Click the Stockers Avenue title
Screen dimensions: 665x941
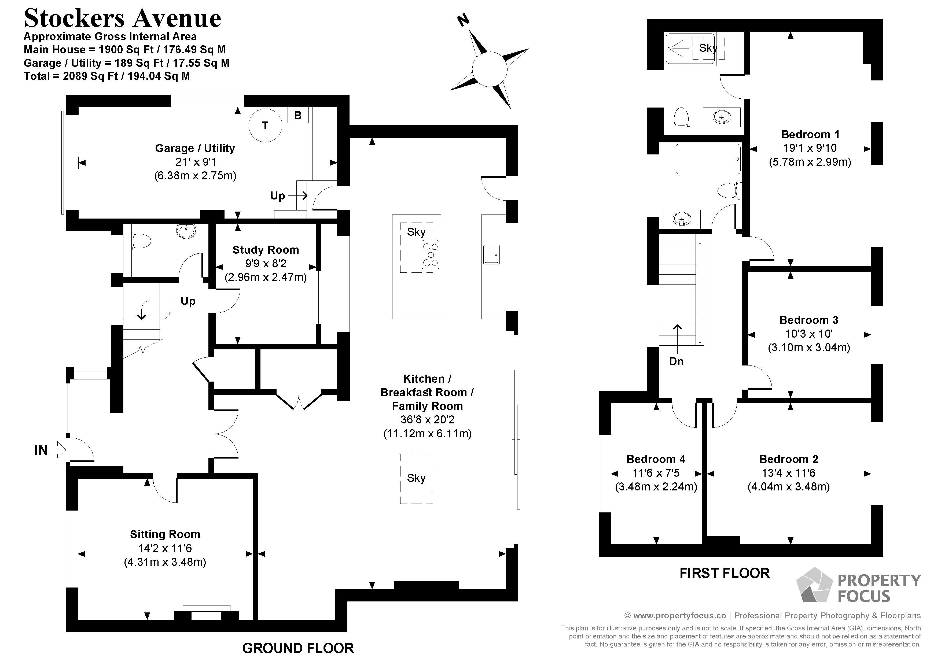tap(123, 19)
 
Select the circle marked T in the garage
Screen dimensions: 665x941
tap(265, 125)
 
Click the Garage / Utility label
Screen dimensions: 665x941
tap(195, 148)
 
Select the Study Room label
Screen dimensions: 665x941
tap(266, 250)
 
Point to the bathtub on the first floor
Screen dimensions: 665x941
tap(708, 159)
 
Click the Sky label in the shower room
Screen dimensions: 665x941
tap(708, 48)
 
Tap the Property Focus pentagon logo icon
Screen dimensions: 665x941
tap(814, 585)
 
